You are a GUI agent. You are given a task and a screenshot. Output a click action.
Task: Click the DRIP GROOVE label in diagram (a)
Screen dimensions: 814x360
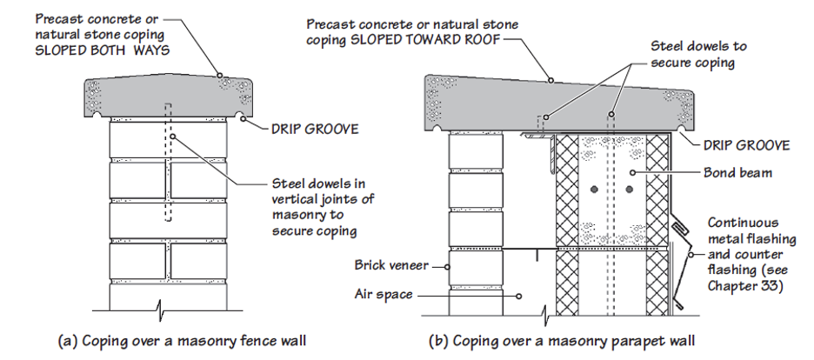pyautogui.click(x=315, y=130)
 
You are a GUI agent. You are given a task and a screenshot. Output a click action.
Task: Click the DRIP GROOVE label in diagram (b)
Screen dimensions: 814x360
pyautogui.click(x=746, y=146)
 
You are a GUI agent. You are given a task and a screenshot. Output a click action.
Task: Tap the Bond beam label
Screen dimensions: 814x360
pyautogui.click(x=737, y=172)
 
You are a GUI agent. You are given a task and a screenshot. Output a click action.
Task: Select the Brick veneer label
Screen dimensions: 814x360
pyautogui.click(x=391, y=265)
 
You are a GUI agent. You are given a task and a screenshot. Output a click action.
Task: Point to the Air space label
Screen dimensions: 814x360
pyautogui.click(x=384, y=295)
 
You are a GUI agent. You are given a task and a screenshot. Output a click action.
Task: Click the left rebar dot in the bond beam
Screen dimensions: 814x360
pyautogui.click(x=594, y=190)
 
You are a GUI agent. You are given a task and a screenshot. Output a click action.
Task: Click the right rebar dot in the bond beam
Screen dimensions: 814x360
pyautogui.click(x=630, y=190)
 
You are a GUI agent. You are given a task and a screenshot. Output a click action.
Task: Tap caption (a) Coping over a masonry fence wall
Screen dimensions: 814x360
pyautogui.click(x=181, y=342)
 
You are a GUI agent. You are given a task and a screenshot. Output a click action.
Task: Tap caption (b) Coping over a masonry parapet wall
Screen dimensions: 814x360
pyautogui.click(x=562, y=342)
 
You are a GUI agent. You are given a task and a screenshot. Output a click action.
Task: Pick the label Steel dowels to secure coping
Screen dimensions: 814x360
pyautogui.click(x=698, y=54)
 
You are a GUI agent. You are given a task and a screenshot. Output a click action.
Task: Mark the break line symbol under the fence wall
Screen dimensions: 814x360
pyautogui.click(x=160, y=310)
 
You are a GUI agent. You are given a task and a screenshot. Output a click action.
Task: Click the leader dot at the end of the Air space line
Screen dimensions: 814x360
pyautogui.click(x=518, y=297)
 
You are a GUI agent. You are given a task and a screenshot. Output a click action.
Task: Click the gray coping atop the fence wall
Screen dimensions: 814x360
pyautogui.click(x=168, y=97)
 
